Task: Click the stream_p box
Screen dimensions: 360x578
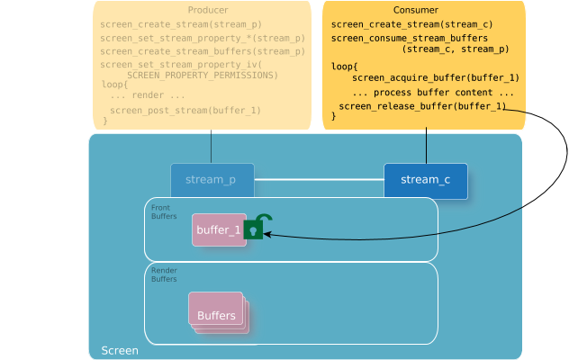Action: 212,180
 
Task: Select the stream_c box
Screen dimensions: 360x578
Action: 425,180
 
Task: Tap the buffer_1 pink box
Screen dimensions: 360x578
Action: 219,229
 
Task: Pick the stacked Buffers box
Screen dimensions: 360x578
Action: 217,313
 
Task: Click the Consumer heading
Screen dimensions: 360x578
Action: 424,9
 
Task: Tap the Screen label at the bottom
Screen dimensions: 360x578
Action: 120,350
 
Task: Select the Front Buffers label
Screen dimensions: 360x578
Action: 164,212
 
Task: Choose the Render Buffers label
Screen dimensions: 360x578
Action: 164,274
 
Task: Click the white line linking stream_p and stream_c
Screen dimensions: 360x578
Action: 319,180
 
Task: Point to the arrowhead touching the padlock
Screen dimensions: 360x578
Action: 267,234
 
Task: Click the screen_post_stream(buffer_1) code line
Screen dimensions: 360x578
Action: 185,111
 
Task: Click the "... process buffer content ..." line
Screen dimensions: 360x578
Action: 433,93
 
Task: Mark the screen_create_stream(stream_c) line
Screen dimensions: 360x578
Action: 411,24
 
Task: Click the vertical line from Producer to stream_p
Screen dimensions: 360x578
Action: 211,148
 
